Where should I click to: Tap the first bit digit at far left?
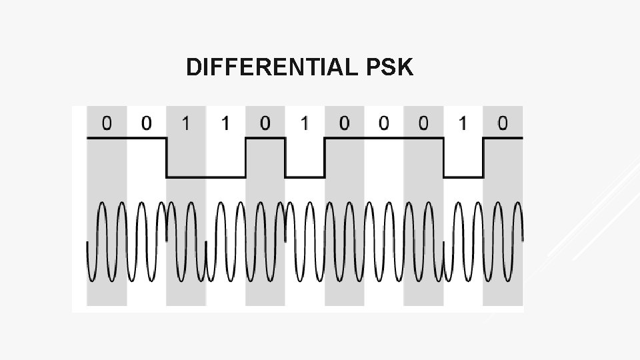107,123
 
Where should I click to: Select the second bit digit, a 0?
146,123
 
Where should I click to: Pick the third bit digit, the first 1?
185,123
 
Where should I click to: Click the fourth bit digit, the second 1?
225,123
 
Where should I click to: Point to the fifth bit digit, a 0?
265,123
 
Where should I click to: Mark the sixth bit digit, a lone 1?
304,123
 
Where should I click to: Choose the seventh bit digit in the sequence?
344,123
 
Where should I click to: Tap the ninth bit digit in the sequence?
423,123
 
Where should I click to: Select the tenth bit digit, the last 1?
463,123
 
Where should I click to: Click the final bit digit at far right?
502,123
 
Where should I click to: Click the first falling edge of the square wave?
166,157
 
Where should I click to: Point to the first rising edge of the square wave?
245,157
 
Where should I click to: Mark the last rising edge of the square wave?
483,157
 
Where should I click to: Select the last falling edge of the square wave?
443,157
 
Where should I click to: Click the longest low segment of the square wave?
205,177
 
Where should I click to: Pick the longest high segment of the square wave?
383,138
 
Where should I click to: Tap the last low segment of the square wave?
463,177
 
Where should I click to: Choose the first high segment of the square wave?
127,138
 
